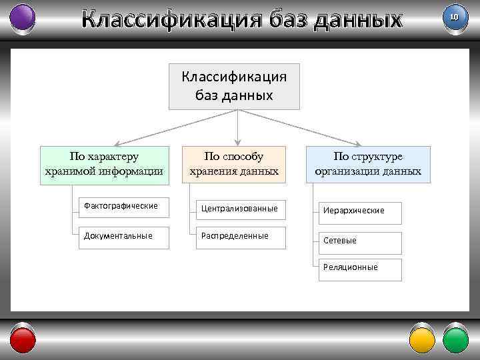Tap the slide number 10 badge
pyautogui.click(x=455, y=16)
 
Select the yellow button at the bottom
pyautogui.click(x=421, y=340)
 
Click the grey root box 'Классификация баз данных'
pyautogui.click(x=234, y=86)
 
